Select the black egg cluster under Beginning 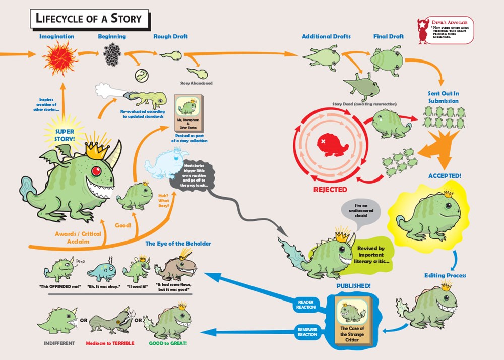click(x=112, y=54)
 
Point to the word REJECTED click(x=330, y=190)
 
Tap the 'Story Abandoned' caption click(x=196, y=83)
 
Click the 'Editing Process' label click(x=445, y=275)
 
